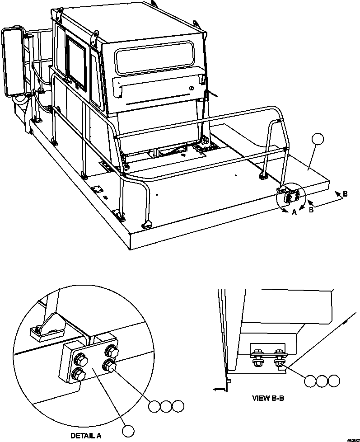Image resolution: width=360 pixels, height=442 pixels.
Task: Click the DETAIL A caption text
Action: [86, 436]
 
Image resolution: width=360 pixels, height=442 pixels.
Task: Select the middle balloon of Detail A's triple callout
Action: [166, 406]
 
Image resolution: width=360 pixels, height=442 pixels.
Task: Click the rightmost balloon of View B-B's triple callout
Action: [334, 381]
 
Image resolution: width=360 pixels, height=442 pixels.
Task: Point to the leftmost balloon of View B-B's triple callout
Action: [310, 381]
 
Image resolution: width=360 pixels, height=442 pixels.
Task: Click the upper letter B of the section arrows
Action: [345, 194]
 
